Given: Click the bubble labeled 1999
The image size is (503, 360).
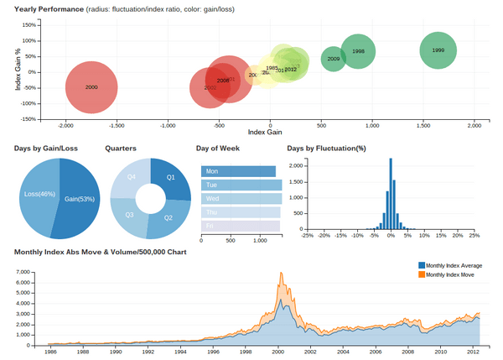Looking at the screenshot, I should pos(438,50).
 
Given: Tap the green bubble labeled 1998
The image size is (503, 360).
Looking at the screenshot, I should pos(358,52).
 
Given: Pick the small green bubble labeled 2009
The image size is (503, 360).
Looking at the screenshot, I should pos(334,59).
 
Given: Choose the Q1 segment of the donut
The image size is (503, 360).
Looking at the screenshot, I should pos(170,179).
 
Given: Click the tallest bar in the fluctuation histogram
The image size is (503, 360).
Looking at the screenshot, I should pos(390,192).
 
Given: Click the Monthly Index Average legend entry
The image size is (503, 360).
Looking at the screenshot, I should pos(454,265).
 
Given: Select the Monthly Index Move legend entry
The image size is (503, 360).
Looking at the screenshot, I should pos(450,274).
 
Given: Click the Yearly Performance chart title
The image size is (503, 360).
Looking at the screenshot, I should pos(49,9).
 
